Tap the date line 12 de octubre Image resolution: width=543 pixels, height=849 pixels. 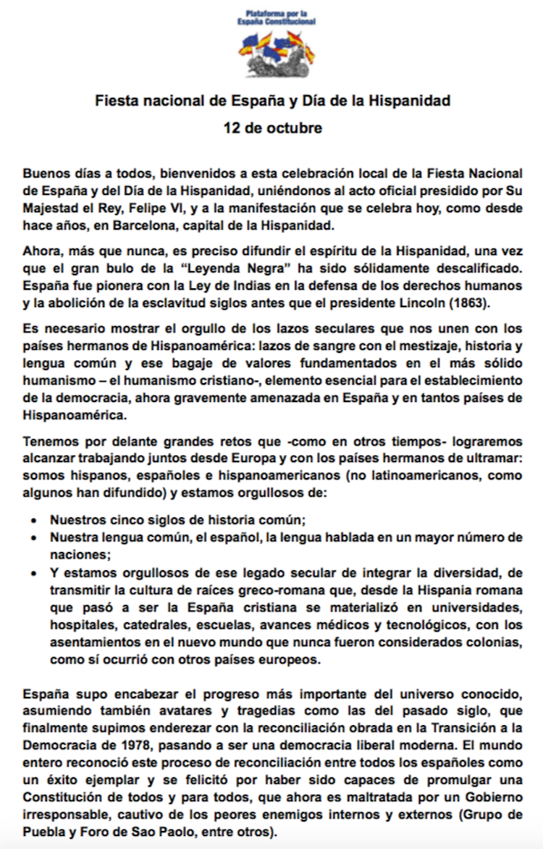[272, 128]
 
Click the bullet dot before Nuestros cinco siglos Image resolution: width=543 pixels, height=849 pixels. [35, 519]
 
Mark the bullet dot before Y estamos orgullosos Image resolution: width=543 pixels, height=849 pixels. [35, 572]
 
